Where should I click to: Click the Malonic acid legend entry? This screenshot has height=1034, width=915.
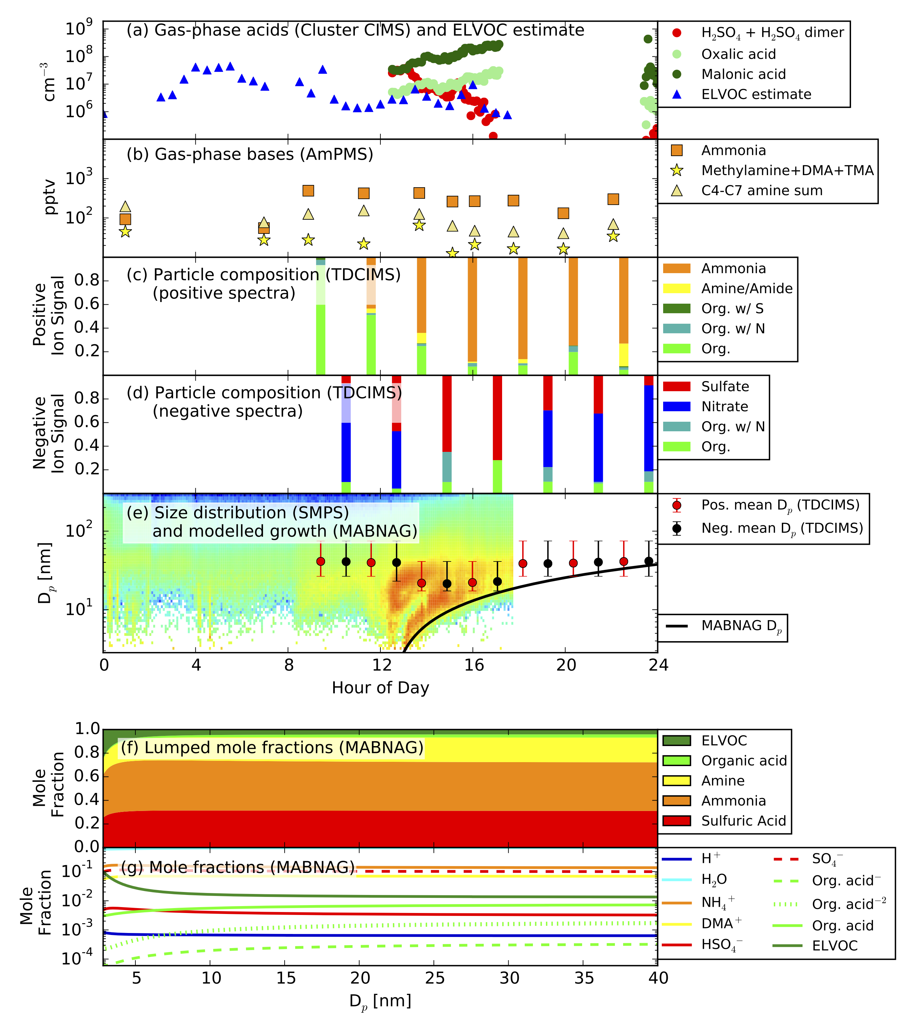coord(728,74)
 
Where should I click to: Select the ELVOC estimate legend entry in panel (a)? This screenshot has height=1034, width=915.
coord(741,94)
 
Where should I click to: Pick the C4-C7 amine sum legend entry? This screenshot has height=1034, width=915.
coord(746,191)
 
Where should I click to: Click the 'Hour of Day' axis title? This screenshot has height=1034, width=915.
coord(380,688)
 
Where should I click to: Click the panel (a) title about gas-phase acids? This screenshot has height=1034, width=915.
coord(355,30)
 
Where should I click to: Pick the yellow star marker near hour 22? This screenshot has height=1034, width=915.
coord(613,236)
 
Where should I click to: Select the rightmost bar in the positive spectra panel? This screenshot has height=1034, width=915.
coord(624,316)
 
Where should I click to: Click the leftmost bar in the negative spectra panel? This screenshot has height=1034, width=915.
coord(346,434)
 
